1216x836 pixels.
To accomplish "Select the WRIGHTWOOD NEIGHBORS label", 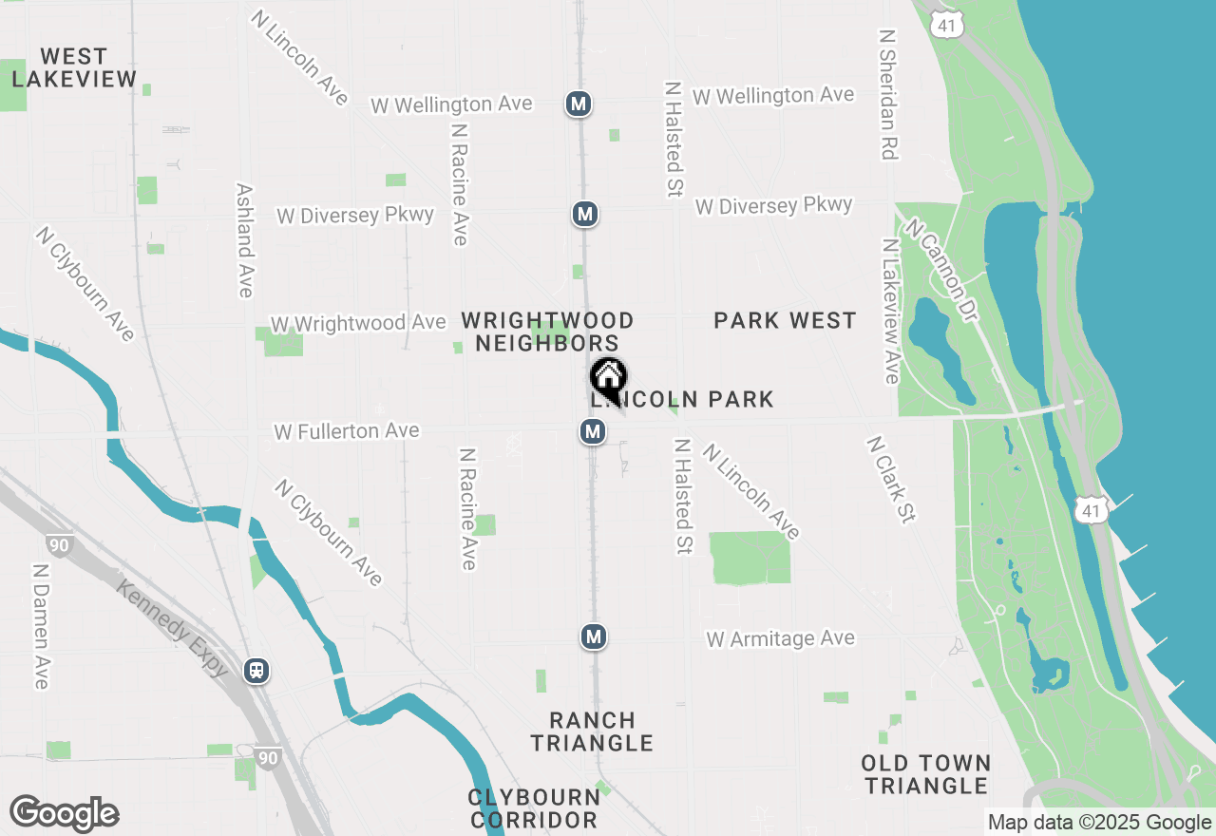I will [547, 332].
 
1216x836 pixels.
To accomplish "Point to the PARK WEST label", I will [785, 320].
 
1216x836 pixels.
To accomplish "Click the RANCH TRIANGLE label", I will [592, 731].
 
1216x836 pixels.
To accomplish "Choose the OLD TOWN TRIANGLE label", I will [926, 774].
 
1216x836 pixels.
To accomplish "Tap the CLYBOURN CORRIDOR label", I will [534, 807].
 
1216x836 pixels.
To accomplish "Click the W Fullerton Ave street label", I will [347, 431].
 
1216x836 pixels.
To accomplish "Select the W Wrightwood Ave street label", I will [358, 323].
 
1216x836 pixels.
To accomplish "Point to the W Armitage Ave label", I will [780, 638].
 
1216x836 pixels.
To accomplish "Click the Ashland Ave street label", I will [244, 240].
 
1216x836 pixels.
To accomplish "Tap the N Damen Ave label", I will [41, 626].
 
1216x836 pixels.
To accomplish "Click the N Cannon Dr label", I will [940, 270].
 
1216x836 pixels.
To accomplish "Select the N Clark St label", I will [890, 479].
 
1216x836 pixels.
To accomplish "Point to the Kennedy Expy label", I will [173, 629].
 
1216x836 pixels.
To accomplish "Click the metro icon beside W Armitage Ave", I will [594, 636].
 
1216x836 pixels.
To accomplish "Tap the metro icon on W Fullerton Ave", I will [593, 432].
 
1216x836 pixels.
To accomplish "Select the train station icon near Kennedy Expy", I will [256, 671].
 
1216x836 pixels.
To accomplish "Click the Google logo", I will [64, 814].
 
